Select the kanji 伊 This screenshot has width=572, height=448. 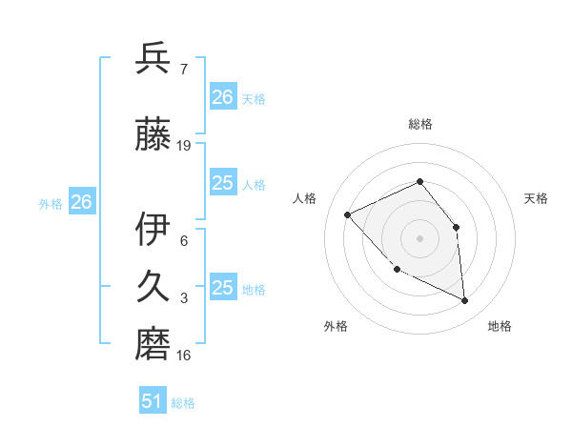point(153,228)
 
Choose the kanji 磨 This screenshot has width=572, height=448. point(153,343)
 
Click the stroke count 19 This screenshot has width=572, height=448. point(184,145)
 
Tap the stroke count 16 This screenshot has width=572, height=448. point(184,356)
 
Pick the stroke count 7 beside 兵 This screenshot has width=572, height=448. point(183,70)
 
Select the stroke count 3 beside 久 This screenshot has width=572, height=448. point(184,299)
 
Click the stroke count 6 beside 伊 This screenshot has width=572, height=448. point(184,240)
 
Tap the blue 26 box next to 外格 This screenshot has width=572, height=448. point(81,202)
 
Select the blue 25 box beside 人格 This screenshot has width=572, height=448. point(223,183)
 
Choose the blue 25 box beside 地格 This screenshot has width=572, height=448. point(223,288)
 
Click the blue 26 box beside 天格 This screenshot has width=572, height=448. point(223,96)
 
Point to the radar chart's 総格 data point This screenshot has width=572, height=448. point(419,181)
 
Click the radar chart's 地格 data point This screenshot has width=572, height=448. point(465,300)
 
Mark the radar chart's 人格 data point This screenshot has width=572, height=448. point(348,214)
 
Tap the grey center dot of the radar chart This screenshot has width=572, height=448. point(419,237)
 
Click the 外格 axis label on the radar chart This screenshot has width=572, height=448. point(336,326)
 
